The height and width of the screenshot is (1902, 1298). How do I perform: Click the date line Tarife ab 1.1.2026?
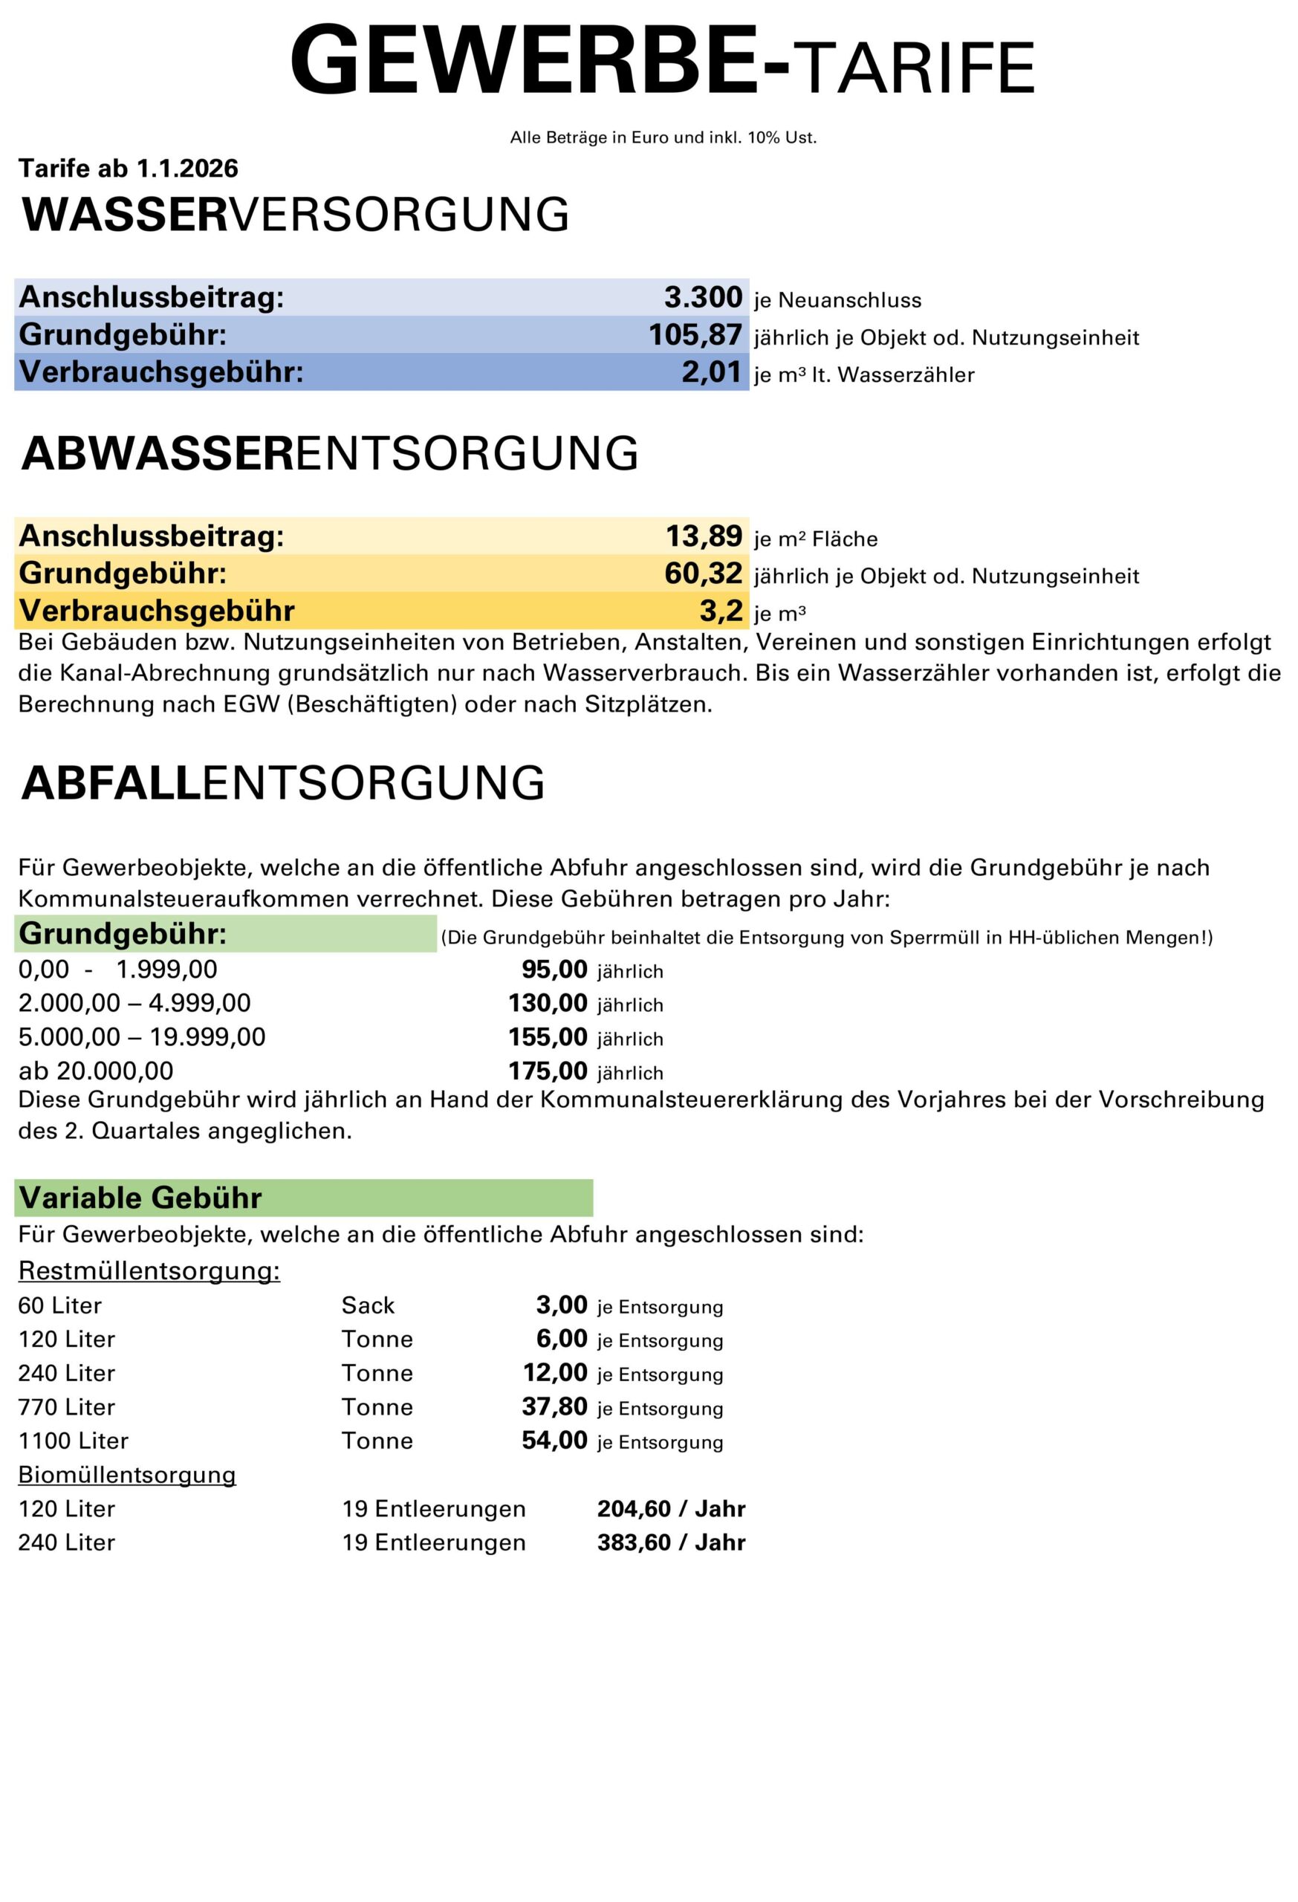click(x=129, y=169)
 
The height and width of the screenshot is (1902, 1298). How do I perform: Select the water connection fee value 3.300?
click(x=702, y=297)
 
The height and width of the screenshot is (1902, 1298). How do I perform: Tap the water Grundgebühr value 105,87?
click(x=695, y=335)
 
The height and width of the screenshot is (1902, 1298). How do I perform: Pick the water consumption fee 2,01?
click(x=711, y=372)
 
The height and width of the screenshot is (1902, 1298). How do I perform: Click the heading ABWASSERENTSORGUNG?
click(x=330, y=453)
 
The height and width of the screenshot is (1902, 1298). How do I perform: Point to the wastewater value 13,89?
click(x=703, y=536)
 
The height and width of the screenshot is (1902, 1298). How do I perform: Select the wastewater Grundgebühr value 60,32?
click(x=702, y=574)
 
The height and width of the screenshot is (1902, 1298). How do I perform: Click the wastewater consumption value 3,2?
click(x=720, y=611)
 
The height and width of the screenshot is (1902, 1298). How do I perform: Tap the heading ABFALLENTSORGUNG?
click(x=283, y=783)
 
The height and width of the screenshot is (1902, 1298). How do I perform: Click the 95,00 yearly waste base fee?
click(x=554, y=970)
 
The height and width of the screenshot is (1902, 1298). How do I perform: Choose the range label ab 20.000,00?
click(x=96, y=1071)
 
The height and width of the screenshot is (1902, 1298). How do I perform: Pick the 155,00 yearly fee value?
click(x=548, y=1037)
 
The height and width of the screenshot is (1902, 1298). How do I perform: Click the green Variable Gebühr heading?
click(x=140, y=1198)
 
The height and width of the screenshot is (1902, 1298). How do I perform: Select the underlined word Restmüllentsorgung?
click(x=149, y=1271)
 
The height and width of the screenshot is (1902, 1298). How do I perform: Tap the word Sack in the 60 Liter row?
click(x=368, y=1305)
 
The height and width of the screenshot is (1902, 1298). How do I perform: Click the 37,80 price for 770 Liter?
click(x=554, y=1407)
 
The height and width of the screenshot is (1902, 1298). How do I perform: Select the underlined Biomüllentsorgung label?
click(x=127, y=1475)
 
